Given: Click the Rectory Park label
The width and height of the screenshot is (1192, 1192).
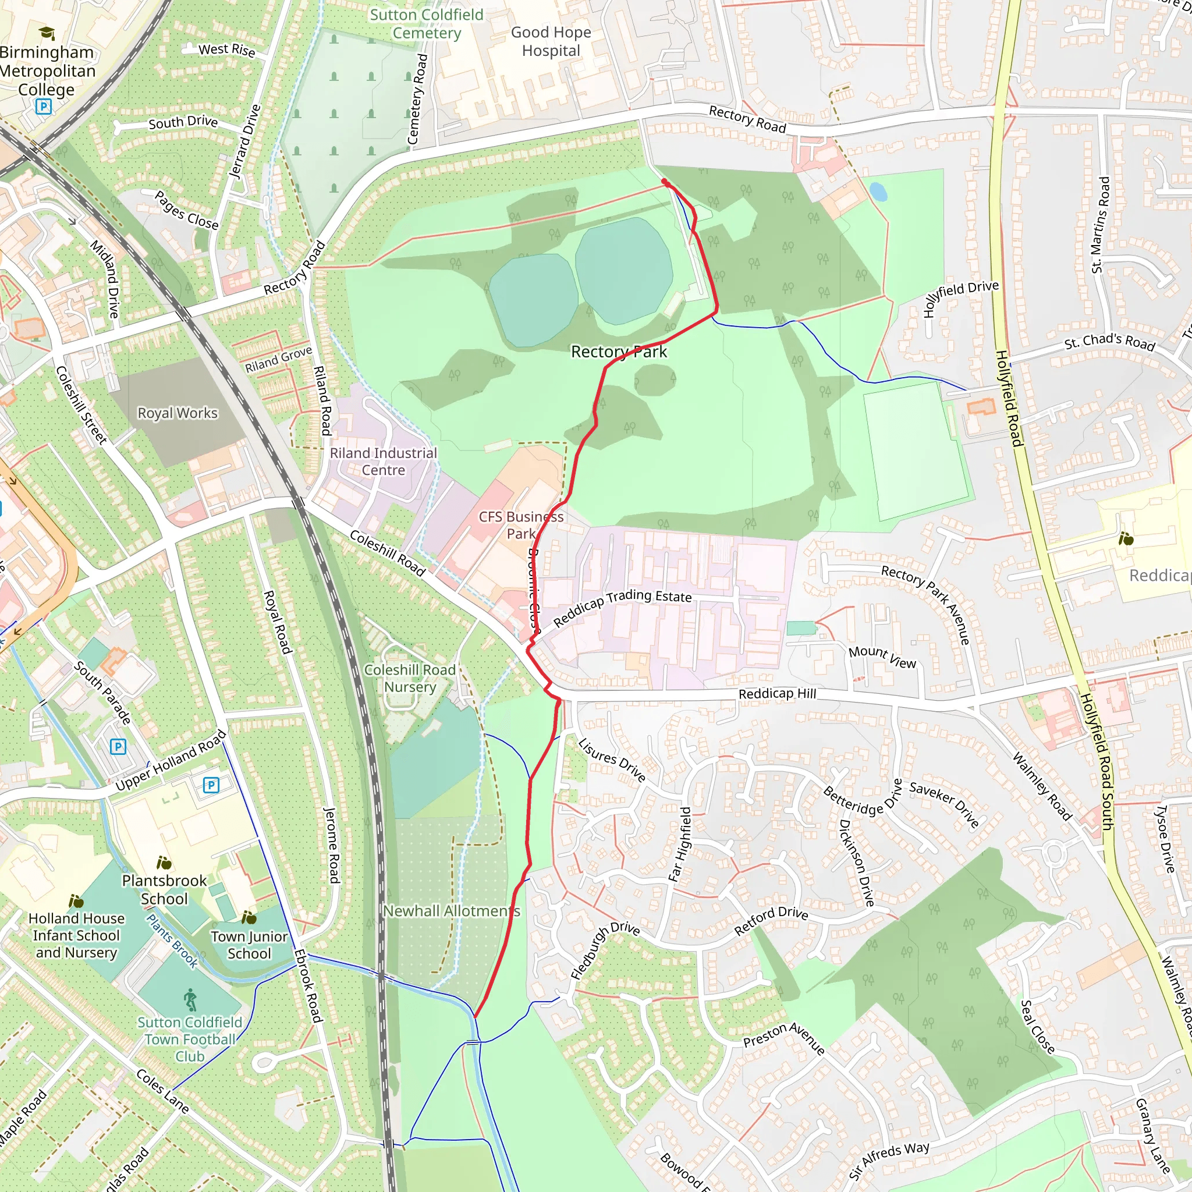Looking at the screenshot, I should click(x=619, y=352).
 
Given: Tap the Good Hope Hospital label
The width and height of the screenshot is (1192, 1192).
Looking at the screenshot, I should click(x=551, y=41).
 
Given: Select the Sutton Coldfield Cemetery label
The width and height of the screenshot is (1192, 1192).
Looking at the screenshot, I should click(x=426, y=23).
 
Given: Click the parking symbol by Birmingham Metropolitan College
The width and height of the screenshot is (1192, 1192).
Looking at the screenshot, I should click(x=43, y=107).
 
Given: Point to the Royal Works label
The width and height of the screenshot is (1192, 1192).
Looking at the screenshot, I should click(x=178, y=413).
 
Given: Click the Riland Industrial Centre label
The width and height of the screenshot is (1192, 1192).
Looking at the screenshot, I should click(x=383, y=462).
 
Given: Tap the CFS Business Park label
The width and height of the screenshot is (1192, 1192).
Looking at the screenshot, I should click(x=521, y=525).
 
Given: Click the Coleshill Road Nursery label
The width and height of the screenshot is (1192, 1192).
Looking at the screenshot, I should click(x=410, y=678).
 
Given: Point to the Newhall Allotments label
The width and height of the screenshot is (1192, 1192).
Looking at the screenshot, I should click(x=452, y=911).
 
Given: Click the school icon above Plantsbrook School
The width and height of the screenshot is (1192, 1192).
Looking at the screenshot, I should click(x=164, y=862).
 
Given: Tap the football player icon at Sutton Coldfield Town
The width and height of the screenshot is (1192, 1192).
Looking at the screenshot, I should click(x=190, y=999).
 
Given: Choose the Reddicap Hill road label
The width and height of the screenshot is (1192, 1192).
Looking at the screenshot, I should click(x=777, y=693).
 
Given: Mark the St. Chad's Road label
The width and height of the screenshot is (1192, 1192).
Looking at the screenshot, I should click(x=1109, y=342).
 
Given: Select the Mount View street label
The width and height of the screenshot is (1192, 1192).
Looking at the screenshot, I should click(x=882, y=657).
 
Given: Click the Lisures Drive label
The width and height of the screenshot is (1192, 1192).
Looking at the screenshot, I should click(x=612, y=760).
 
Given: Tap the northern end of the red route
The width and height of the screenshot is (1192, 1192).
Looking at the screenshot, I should click(x=665, y=182).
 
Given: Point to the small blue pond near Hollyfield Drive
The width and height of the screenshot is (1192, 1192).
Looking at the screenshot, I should click(x=877, y=192).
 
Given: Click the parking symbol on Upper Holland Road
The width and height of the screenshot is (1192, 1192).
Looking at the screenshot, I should click(x=211, y=785).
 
